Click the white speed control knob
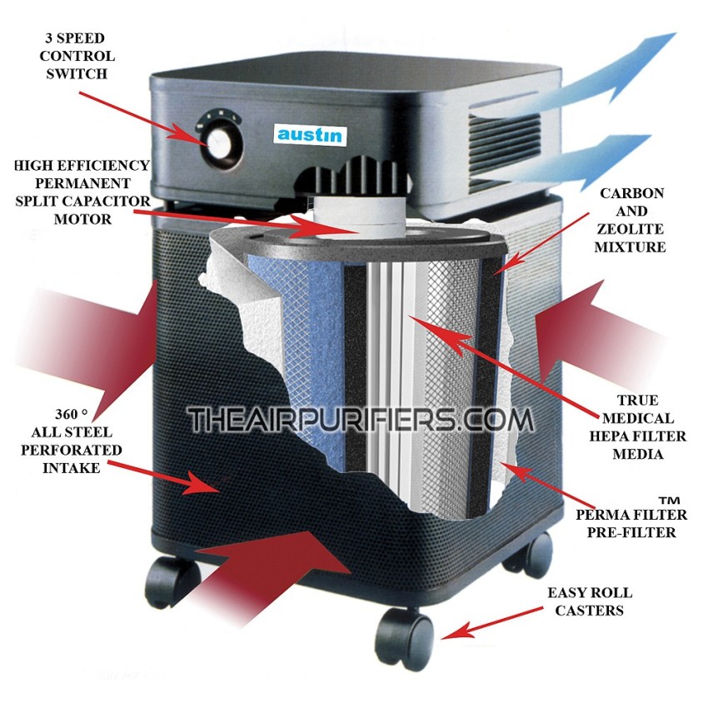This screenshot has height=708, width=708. click(x=220, y=143)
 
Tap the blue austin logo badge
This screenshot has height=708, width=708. click(x=310, y=135)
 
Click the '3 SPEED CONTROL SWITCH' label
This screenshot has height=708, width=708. click(x=77, y=56)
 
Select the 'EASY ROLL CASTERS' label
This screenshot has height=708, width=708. click(x=590, y=601)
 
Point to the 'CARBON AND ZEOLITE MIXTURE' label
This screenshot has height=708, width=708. click(x=631, y=220)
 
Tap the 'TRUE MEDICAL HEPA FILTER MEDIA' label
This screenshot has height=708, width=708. click(x=637, y=426)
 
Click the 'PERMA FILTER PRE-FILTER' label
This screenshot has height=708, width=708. click(x=631, y=523)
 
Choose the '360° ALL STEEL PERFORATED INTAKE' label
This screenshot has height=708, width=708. click(x=72, y=441)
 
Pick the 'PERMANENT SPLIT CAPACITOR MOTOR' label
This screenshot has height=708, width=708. click(x=82, y=201)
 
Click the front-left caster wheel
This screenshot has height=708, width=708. click(x=172, y=581)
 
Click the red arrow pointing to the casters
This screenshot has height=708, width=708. click(x=492, y=623)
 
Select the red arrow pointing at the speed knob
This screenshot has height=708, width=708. click(x=144, y=119)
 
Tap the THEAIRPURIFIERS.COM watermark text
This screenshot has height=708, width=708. click(x=361, y=420)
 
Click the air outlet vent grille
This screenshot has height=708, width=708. click(x=505, y=149)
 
